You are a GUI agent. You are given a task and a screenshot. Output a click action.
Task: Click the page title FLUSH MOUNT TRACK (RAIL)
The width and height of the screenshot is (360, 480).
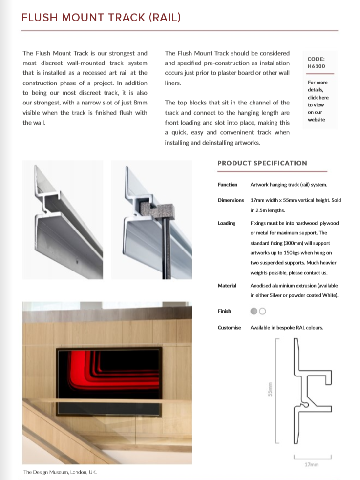click(x=101, y=18)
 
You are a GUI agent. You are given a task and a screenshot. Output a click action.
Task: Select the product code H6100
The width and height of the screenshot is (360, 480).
click(x=316, y=66)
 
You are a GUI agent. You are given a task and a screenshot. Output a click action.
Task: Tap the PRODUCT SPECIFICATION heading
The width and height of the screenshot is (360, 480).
click(x=262, y=163)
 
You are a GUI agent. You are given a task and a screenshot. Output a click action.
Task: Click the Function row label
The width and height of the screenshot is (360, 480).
click(x=227, y=185)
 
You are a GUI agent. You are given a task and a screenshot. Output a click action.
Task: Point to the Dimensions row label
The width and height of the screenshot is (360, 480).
click(x=231, y=200)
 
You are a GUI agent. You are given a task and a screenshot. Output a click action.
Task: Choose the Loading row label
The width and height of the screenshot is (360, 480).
click(x=226, y=223)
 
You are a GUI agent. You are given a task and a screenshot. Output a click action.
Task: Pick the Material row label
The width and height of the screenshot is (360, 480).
click(x=227, y=286)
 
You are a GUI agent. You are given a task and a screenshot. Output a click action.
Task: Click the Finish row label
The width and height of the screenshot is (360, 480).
click(x=224, y=311)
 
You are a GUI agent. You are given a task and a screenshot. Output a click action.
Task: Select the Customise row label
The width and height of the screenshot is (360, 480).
click(x=229, y=328)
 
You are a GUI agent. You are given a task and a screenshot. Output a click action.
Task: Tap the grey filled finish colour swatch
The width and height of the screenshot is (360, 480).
click(x=254, y=311)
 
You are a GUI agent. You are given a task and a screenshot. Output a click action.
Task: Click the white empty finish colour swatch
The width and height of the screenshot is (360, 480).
click(x=262, y=311)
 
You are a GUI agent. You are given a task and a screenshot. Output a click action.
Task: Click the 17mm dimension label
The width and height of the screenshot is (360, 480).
click(x=311, y=464)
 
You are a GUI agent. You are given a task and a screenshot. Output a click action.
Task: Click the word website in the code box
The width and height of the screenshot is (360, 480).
click(x=316, y=120)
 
